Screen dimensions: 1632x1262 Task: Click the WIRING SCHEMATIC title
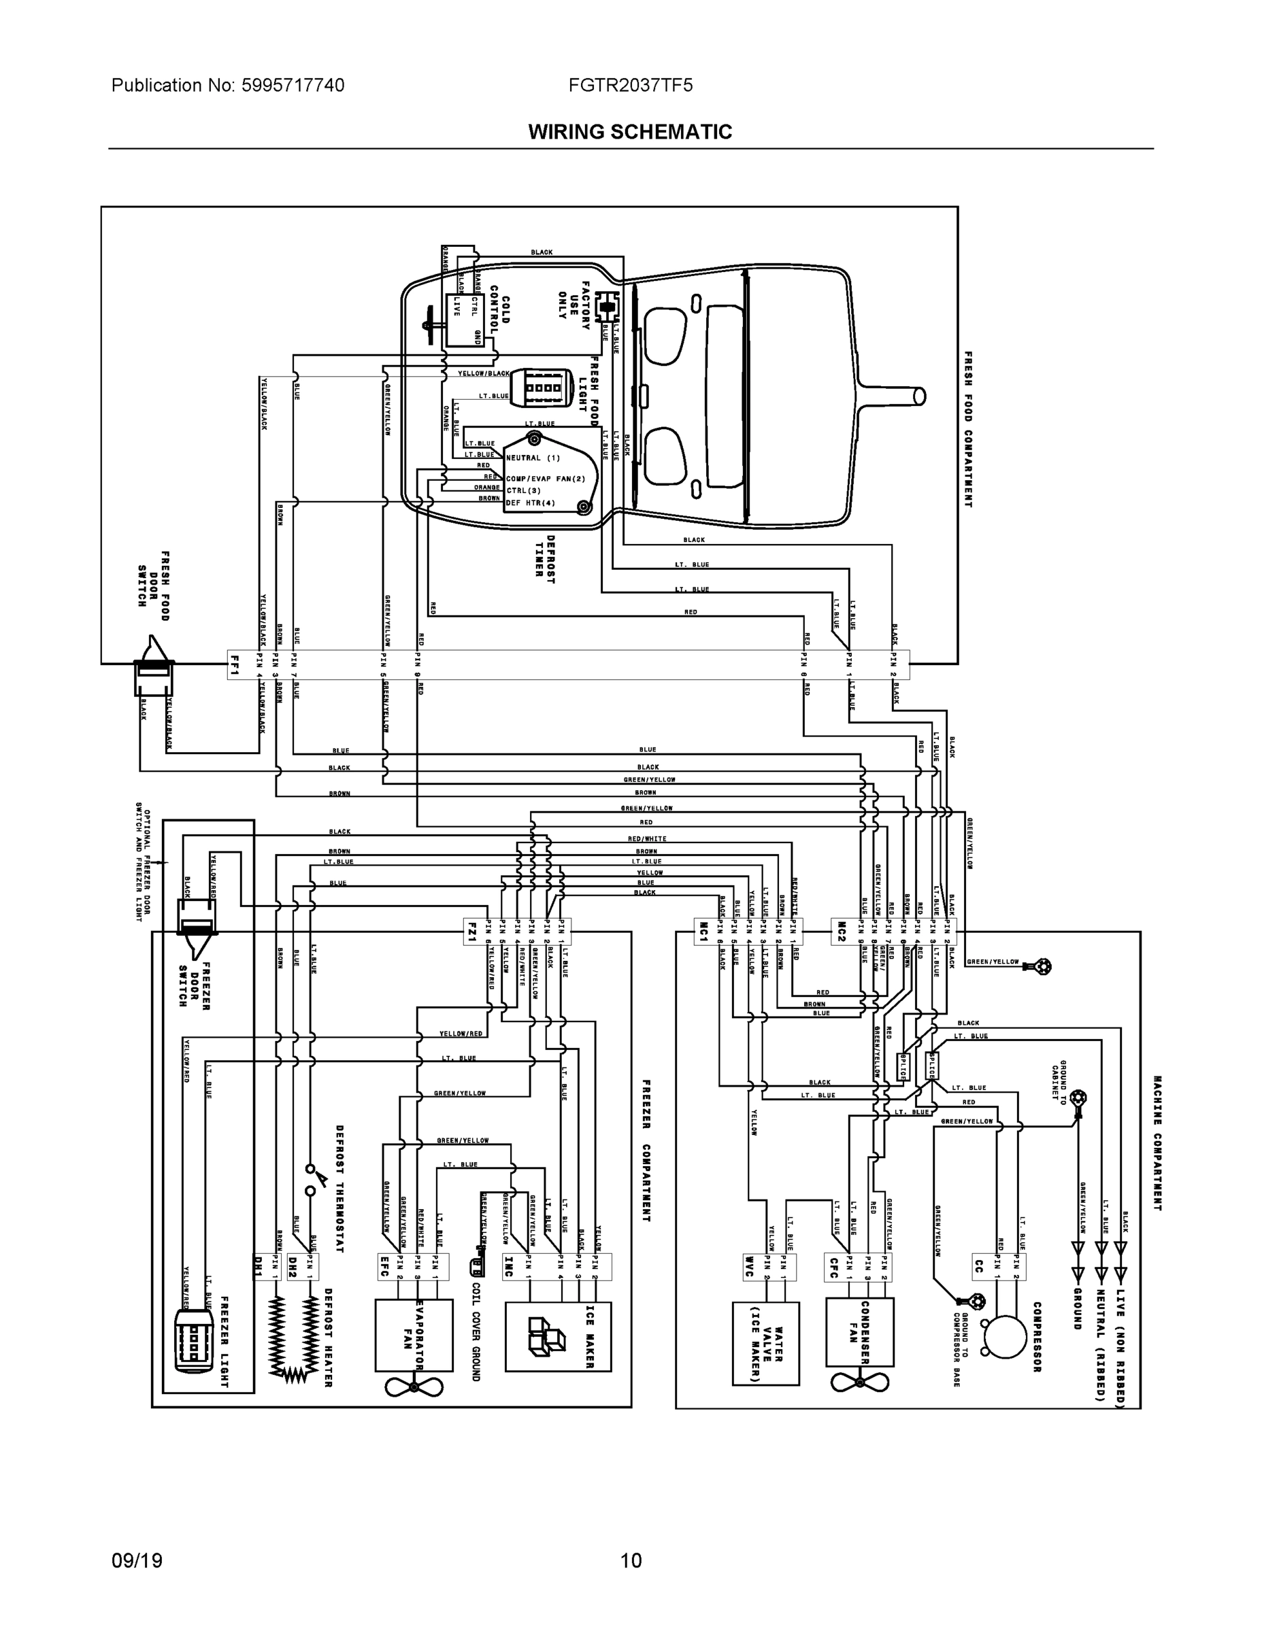pyautogui.click(x=629, y=133)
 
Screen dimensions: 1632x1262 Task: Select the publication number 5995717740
pyautogui.click(x=293, y=86)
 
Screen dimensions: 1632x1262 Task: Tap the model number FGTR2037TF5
pyautogui.click(x=629, y=86)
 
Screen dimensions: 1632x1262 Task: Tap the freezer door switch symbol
pyautogui.click(x=196, y=927)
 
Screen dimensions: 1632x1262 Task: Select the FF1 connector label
pyautogui.click(x=235, y=664)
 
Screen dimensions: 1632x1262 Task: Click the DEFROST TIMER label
pyautogui.click(x=550, y=559)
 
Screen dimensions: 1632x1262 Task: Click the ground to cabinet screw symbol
pyautogui.click(x=1078, y=1098)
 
